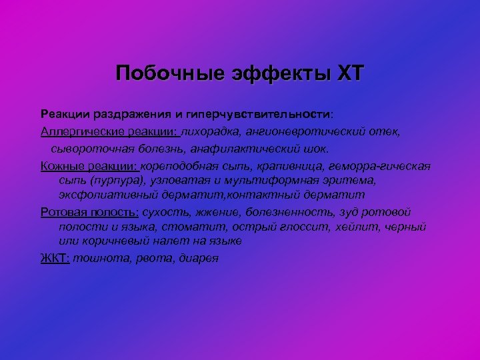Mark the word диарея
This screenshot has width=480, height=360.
click(x=199, y=258)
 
